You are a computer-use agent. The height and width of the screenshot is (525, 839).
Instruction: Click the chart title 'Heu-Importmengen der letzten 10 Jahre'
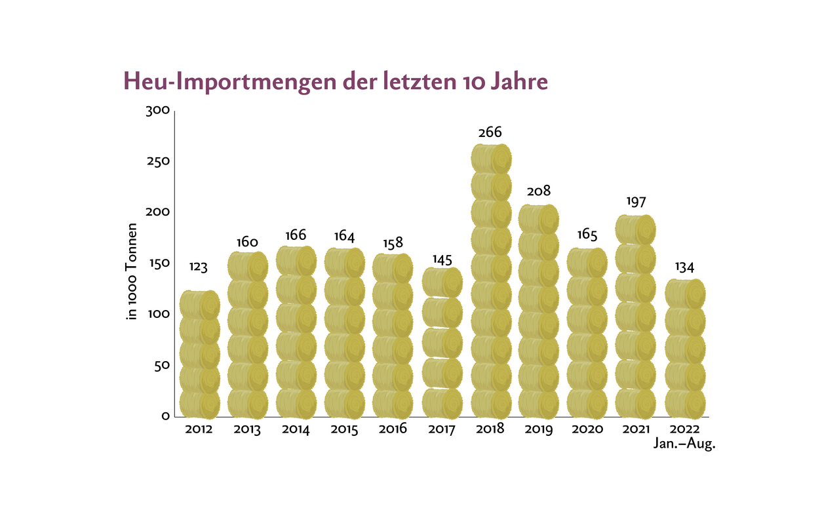click(335, 83)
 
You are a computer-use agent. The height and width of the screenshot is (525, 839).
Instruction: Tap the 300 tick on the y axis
click(158, 111)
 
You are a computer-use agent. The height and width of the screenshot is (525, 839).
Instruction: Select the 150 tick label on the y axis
click(158, 263)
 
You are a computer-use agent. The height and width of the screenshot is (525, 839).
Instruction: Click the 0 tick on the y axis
click(165, 416)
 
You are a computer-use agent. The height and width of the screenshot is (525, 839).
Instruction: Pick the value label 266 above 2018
click(490, 133)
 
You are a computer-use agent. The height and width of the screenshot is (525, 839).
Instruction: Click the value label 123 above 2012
click(199, 267)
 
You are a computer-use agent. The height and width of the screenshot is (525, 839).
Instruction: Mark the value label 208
click(538, 191)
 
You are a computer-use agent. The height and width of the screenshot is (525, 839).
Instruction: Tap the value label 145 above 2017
click(442, 260)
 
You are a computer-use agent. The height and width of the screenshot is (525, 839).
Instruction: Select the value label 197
click(634, 201)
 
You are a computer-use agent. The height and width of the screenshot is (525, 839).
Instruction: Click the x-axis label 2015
click(344, 430)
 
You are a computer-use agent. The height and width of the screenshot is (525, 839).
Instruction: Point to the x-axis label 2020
click(587, 430)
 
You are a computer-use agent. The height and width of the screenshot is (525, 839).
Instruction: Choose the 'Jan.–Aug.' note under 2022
click(682, 444)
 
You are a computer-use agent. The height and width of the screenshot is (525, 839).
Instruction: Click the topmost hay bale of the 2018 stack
click(491, 159)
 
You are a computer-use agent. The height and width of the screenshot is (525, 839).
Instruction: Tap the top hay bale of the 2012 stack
click(199, 304)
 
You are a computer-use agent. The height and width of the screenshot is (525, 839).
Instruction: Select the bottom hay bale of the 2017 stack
click(442, 402)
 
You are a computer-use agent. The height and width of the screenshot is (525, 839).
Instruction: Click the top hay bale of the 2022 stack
click(685, 293)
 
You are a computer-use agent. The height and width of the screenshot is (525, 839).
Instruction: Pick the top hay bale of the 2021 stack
click(635, 229)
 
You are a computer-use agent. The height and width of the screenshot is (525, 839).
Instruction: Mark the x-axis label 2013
click(247, 430)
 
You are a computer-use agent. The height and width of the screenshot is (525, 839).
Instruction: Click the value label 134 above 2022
click(684, 267)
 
